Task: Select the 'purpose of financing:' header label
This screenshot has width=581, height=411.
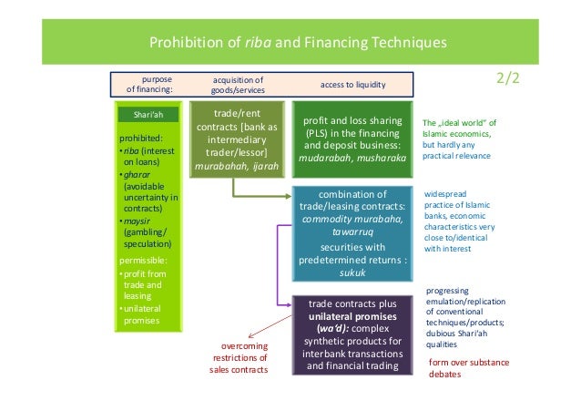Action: point(148,85)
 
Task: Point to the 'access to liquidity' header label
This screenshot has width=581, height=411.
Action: point(352,85)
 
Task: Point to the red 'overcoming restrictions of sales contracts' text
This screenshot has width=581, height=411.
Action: point(239,357)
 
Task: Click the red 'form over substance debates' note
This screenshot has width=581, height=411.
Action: point(468,367)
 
